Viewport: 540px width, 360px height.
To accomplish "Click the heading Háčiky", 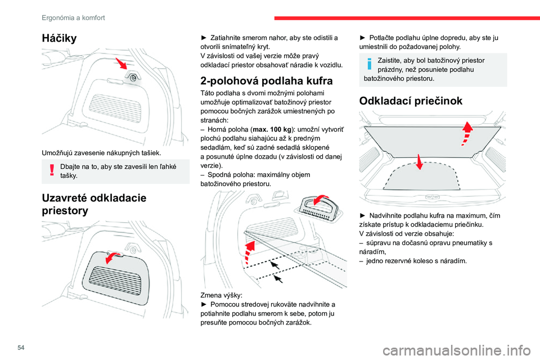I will (x=60, y=38).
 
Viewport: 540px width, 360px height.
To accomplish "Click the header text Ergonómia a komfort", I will (x=73, y=17).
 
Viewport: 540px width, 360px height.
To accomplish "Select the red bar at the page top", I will (x=405, y=17).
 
